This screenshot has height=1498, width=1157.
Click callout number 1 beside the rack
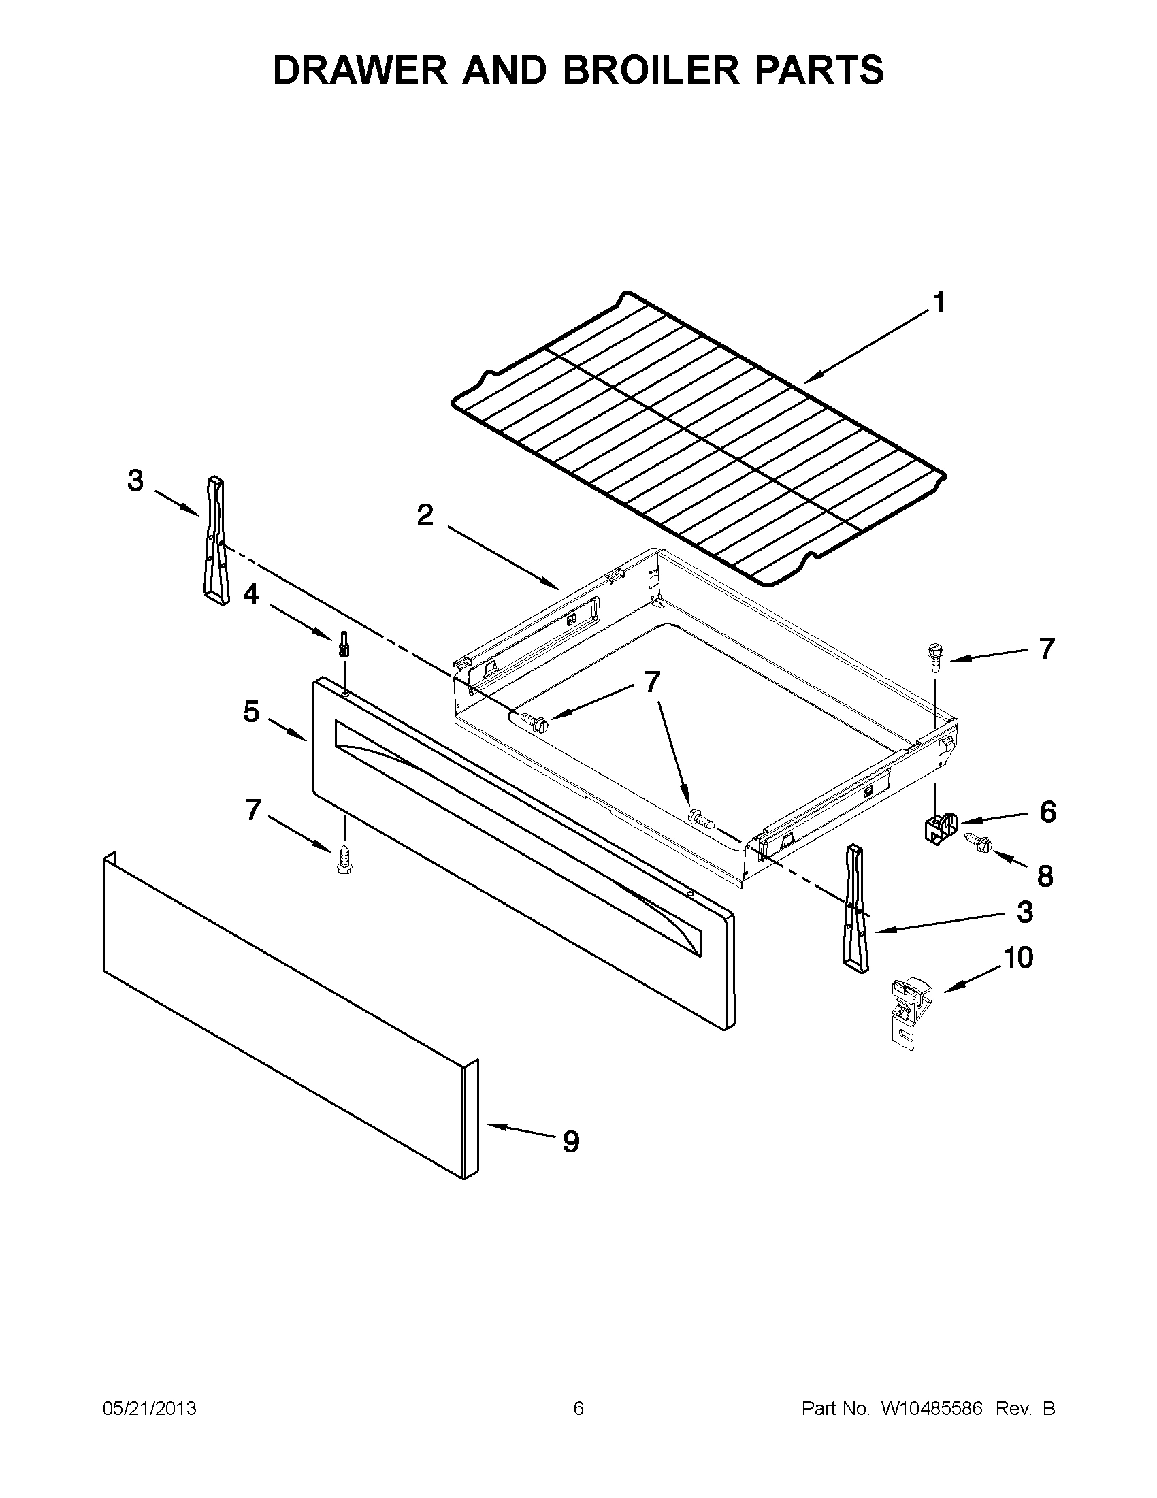pos(939,302)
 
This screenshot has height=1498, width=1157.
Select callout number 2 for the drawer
pos(425,515)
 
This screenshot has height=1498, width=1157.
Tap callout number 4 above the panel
pos(251,594)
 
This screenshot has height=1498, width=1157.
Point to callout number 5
pos(251,712)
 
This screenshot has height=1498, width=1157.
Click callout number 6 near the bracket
pos(1047,812)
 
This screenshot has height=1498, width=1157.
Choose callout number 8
pos(1045,876)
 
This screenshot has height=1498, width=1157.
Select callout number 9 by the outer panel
pos(570,1141)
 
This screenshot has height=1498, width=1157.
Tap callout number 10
pos(1018,958)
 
